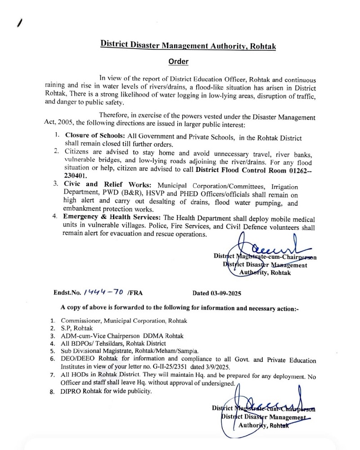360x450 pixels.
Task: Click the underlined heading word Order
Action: click(x=178, y=62)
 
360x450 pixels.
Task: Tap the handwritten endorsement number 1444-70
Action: click(x=103, y=292)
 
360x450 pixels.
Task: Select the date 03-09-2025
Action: click(x=217, y=293)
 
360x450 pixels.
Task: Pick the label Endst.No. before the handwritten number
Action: click(x=67, y=293)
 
